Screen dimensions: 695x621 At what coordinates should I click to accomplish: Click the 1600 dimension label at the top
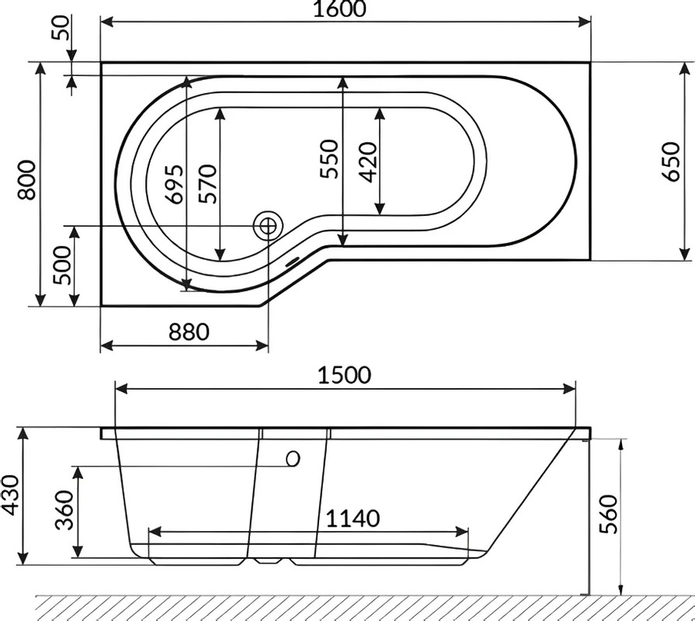tap(340, 9)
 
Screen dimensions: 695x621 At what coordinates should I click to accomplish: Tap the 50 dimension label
tap(61, 27)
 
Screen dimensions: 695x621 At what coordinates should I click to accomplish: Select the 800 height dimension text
tap(26, 180)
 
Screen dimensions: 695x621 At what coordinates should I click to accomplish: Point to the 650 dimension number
tap(671, 161)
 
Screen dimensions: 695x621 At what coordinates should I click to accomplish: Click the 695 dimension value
tap(174, 184)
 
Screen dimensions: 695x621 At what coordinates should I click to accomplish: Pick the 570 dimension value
tap(207, 184)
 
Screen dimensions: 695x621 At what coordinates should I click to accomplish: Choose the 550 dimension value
tap(329, 159)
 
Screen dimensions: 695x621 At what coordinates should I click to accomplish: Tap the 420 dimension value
tap(367, 162)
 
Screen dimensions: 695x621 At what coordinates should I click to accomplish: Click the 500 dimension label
tap(61, 265)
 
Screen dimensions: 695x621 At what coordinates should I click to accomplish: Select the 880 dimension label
tap(189, 331)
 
